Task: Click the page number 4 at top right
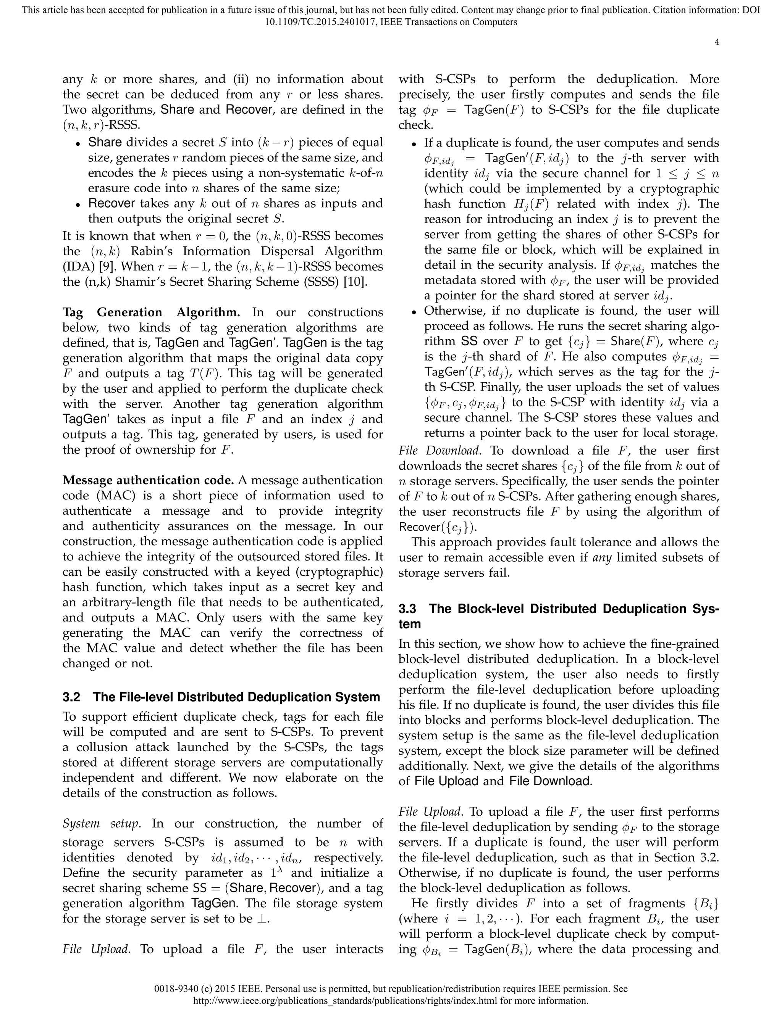pos(717,42)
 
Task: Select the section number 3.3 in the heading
pos(409,609)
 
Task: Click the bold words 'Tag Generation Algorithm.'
pos(151,312)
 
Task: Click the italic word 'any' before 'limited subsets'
pos(602,557)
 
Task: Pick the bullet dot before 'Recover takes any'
pos(79,204)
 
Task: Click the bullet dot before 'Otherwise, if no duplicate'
pos(415,312)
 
